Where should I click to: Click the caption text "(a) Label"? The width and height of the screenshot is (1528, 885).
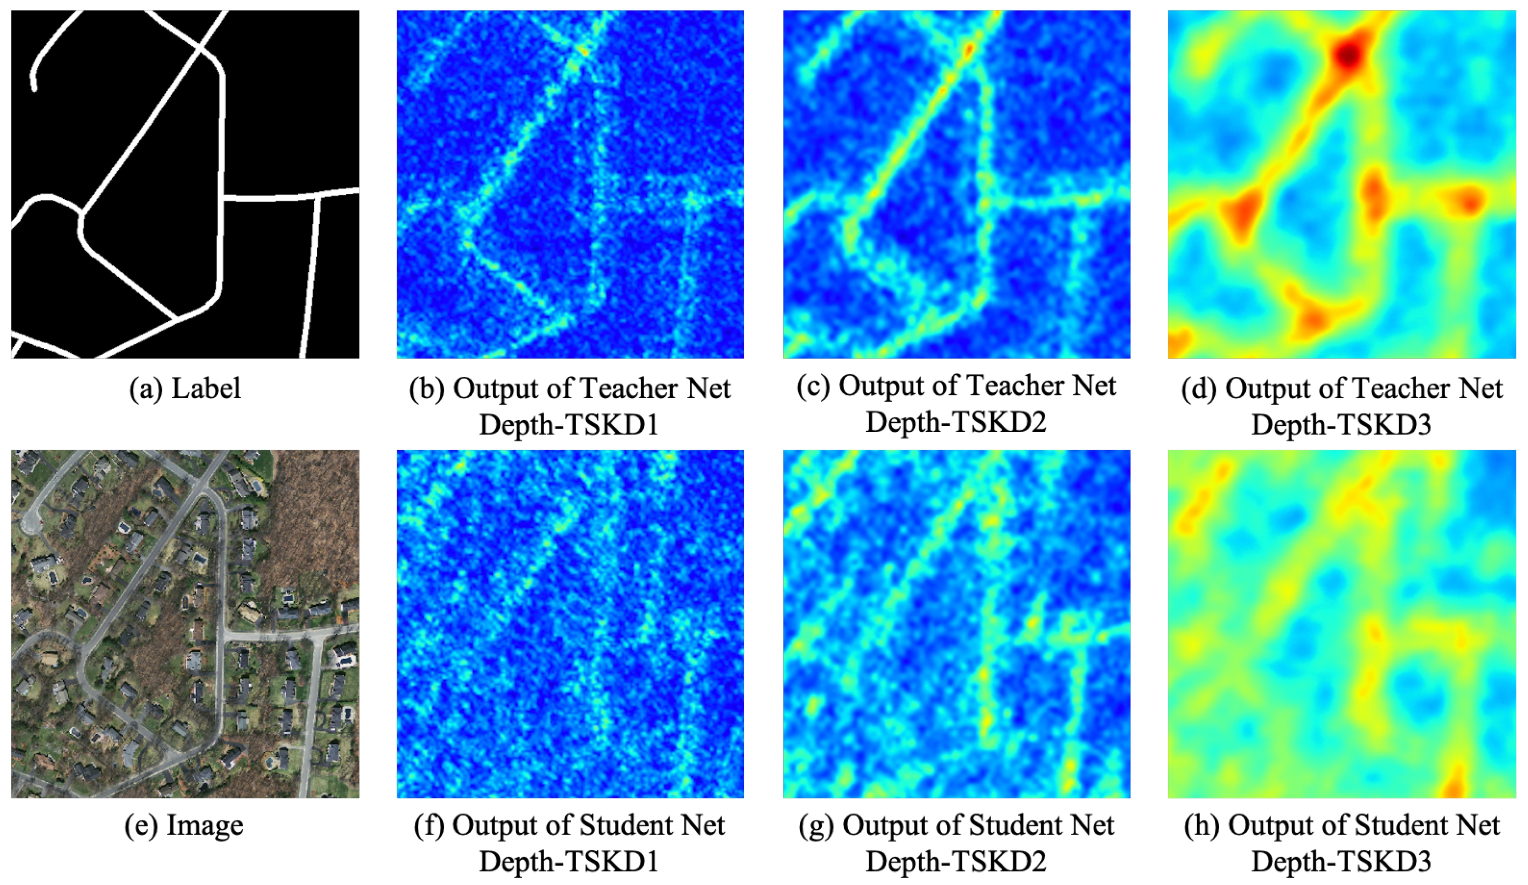pyautogui.click(x=185, y=389)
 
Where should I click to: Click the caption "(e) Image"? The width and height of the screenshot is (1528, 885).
pyautogui.click(x=184, y=825)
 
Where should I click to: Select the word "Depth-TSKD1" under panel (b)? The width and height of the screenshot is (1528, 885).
pyautogui.click(x=569, y=424)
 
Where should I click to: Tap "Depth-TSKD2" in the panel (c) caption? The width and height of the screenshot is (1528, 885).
pyautogui.click(x=955, y=422)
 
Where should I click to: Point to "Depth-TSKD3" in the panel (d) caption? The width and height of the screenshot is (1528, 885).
pyautogui.click(x=1341, y=424)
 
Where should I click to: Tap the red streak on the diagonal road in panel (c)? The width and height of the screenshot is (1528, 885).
pyautogui.click(x=968, y=50)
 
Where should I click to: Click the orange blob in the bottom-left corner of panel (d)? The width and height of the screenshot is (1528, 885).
pyautogui.click(x=1179, y=343)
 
